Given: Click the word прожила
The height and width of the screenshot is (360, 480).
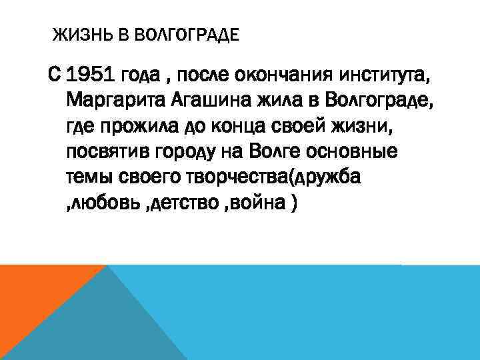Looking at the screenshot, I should (139, 127).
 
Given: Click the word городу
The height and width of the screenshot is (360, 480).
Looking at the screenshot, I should (187, 152).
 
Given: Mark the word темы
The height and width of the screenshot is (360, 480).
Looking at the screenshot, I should (89, 177).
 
